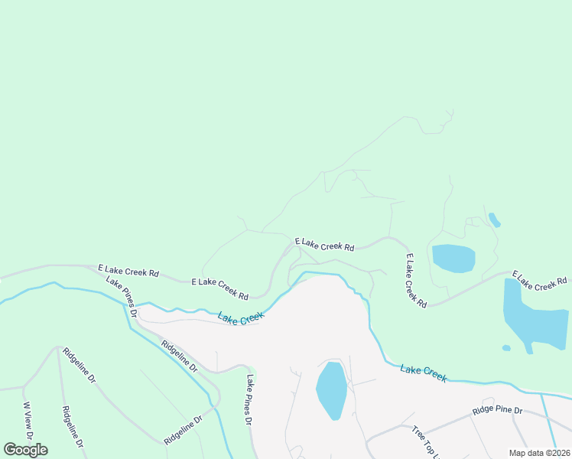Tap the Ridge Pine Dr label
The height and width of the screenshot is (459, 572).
point(497,411)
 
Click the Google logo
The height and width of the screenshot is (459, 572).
point(26,450)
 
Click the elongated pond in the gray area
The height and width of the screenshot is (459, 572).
point(332,389)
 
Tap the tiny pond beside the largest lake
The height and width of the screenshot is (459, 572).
point(506,348)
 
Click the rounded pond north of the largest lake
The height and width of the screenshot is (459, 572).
point(454,259)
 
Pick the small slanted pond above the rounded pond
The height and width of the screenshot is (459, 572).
point(495,220)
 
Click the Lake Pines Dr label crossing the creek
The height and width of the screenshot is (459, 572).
point(122,297)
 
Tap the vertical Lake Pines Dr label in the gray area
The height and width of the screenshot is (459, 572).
point(249,400)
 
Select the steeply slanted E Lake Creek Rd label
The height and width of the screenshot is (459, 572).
point(416,281)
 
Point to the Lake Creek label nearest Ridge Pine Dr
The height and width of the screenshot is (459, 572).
point(423,373)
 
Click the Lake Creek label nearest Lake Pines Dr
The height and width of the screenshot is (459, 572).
point(240,317)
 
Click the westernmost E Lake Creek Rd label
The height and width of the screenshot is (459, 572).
point(128,271)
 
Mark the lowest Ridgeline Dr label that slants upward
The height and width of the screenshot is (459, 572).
point(184,430)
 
